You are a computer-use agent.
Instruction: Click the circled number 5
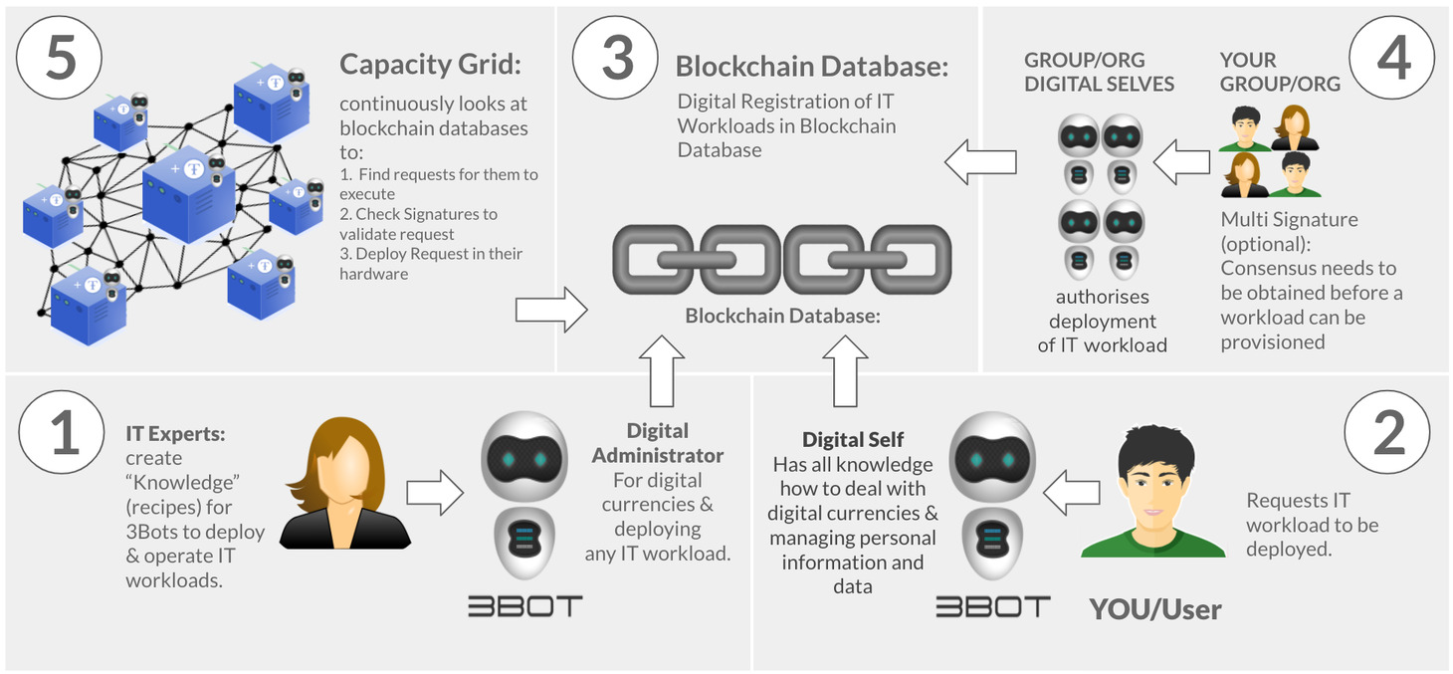[x=60, y=59]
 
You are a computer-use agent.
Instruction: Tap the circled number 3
[x=617, y=59]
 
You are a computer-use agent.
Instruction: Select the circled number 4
[x=1392, y=59]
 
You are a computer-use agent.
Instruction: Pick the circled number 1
[x=63, y=435]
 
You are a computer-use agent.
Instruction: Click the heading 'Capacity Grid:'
[x=431, y=65]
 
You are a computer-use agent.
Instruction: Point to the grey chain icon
[x=781, y=259]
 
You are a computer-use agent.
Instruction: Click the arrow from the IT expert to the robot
[x=435, y=493]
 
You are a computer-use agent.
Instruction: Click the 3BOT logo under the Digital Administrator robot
[x=525, y=605]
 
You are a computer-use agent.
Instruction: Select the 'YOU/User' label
[x=1154, y=608]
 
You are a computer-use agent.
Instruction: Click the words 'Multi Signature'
[x=1289, y=219]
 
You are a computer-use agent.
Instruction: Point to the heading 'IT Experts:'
[x=176, y=434]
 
